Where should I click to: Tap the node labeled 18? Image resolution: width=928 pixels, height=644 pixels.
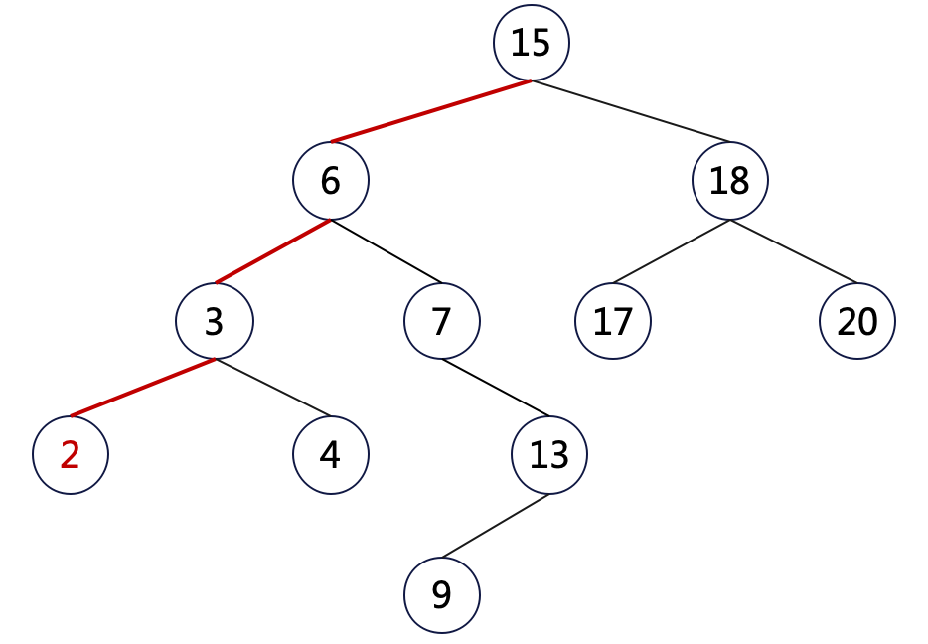(x=730, y=181)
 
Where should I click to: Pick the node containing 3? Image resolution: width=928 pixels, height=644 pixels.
(x=215, y=321)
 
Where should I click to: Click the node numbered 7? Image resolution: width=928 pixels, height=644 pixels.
(x=442, y=321)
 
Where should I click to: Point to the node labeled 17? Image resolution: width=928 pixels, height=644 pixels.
(x=613, y=321)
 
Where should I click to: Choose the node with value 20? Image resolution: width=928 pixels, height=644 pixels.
(x=857, y=321)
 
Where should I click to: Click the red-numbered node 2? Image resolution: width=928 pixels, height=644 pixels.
(x=70, y=455)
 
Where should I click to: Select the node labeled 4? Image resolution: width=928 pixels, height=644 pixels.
(x=331, y=455)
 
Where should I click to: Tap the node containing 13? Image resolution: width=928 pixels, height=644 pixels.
(x=549, y=455)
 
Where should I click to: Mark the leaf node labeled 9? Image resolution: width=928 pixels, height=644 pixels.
(x=442, y=594)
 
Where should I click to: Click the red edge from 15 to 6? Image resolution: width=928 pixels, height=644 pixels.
(x=431, y=111)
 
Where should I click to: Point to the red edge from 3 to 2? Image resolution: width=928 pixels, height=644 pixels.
(x=142, y=388)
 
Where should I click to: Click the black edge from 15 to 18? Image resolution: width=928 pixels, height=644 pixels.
(x=631, y=111)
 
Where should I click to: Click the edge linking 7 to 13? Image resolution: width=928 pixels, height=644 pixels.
(x=496, y=388)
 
